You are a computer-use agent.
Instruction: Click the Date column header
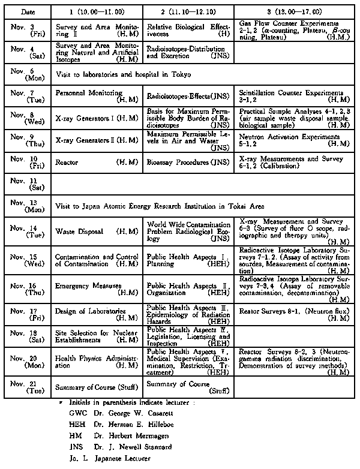coord(28,11)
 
